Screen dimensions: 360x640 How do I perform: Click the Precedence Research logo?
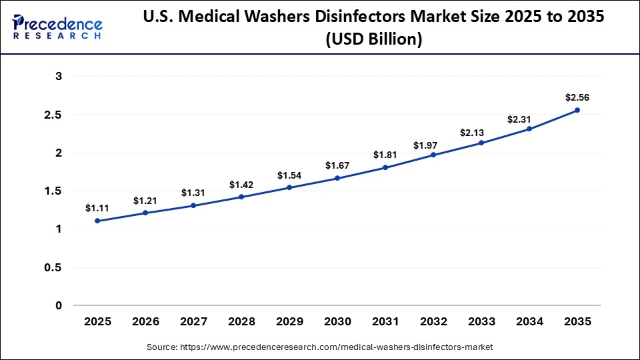pyautogui.click(x=57, y=27)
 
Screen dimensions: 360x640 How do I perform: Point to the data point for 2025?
pyautogui.click(x=97, y=221)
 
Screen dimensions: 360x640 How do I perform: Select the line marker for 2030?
pyautogui.click(x=337, y=178)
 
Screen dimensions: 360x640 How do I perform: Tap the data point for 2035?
pyautogui.click(x=577, y=110)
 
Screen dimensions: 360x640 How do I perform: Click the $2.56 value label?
pyautogui.click(x=577, y=97)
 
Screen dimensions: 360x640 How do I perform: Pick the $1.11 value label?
pyautogui.click(x=97, y=208)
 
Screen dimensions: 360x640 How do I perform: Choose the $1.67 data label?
pyautogui.click(x=337, y=165)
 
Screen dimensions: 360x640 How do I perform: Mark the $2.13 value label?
pyautogui.click(x=481, y=133)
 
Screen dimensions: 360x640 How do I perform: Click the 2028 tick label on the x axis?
pyautogui.click(x=241, y=321)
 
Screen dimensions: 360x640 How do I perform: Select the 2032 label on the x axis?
pyautogui.click(x=433, y=321)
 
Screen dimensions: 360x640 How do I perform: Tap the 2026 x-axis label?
pyautogui.click(x=145, y=321)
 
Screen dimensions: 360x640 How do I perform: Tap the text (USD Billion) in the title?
pyautogui.click(x=373, y=40)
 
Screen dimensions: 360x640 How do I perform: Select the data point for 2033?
pyautogui.click(x=481, y=143)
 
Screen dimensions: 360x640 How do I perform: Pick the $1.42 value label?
pyautogui.click(x=241, y=184)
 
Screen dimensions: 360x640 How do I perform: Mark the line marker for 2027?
pyautogui.click(x=193, y=205)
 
